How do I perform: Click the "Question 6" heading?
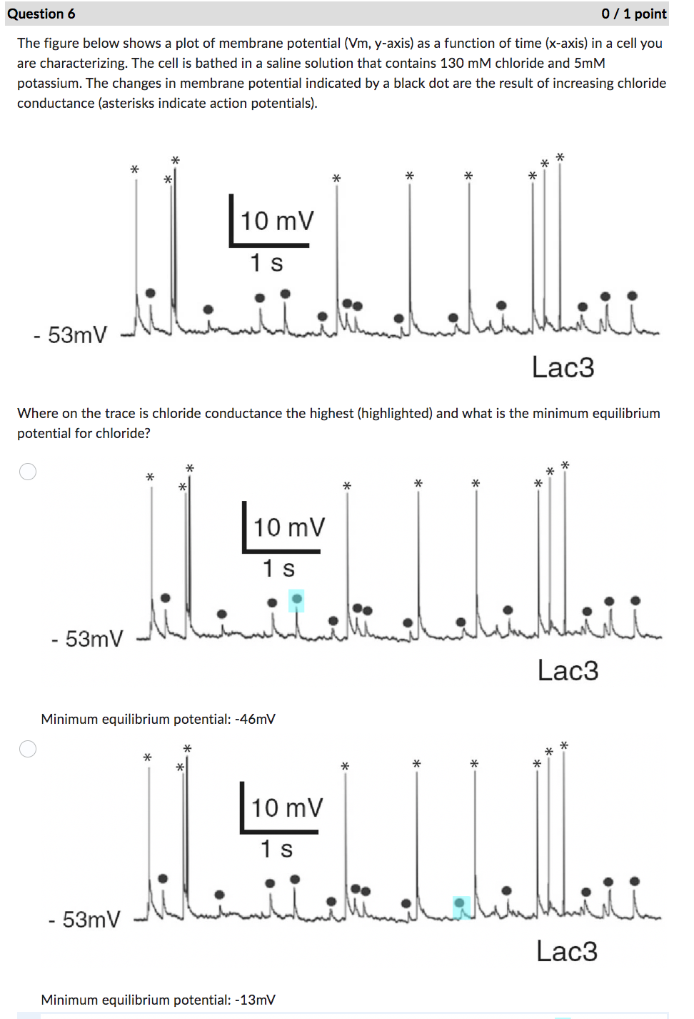point(41,14)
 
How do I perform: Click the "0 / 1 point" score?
point(633,14)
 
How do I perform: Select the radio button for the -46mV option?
point(28,472)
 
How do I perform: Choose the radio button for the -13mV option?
point(28,749)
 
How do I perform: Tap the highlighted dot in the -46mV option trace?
point(296,599)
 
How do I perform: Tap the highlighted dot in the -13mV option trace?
point(461,905)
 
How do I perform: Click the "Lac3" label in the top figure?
point(563,367)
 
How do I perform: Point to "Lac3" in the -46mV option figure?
point(568,671)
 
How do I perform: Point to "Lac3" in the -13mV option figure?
point(567,952)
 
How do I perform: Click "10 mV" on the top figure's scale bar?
point(276,222)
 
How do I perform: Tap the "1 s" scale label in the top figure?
point(266,263)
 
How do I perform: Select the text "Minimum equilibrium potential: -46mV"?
point(158,719)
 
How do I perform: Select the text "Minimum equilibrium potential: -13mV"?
point(158,1000)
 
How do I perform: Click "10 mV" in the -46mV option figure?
point(288,528)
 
